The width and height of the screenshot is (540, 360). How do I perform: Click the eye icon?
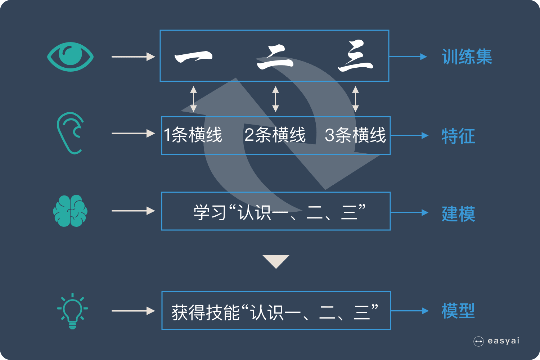coord(71,57)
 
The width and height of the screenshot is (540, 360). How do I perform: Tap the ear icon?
coord(70,133)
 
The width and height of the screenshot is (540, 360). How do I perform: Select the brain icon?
coord(70,211)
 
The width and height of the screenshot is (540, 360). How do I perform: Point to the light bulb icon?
coord(72,311)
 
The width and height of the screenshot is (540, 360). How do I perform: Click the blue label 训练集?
coord(467,57)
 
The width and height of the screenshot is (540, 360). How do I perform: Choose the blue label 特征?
coord(458,136)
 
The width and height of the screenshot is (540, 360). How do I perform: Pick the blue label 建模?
coord(458,213)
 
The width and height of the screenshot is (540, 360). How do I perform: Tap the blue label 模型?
coord(458,311)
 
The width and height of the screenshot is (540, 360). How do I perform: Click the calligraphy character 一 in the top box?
coord(193,57)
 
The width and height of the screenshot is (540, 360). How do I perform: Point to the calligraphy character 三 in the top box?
coord(355,57)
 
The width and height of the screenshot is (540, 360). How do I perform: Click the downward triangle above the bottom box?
coord(276,261)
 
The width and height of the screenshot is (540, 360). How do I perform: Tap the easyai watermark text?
coord(503,341)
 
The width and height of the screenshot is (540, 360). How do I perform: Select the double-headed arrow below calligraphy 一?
coord(193,99)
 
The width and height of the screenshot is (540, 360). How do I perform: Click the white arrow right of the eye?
coord(133,57)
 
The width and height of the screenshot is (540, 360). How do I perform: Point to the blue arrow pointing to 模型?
coord(410,311)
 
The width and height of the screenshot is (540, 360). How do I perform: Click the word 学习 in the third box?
coord(210,212)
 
